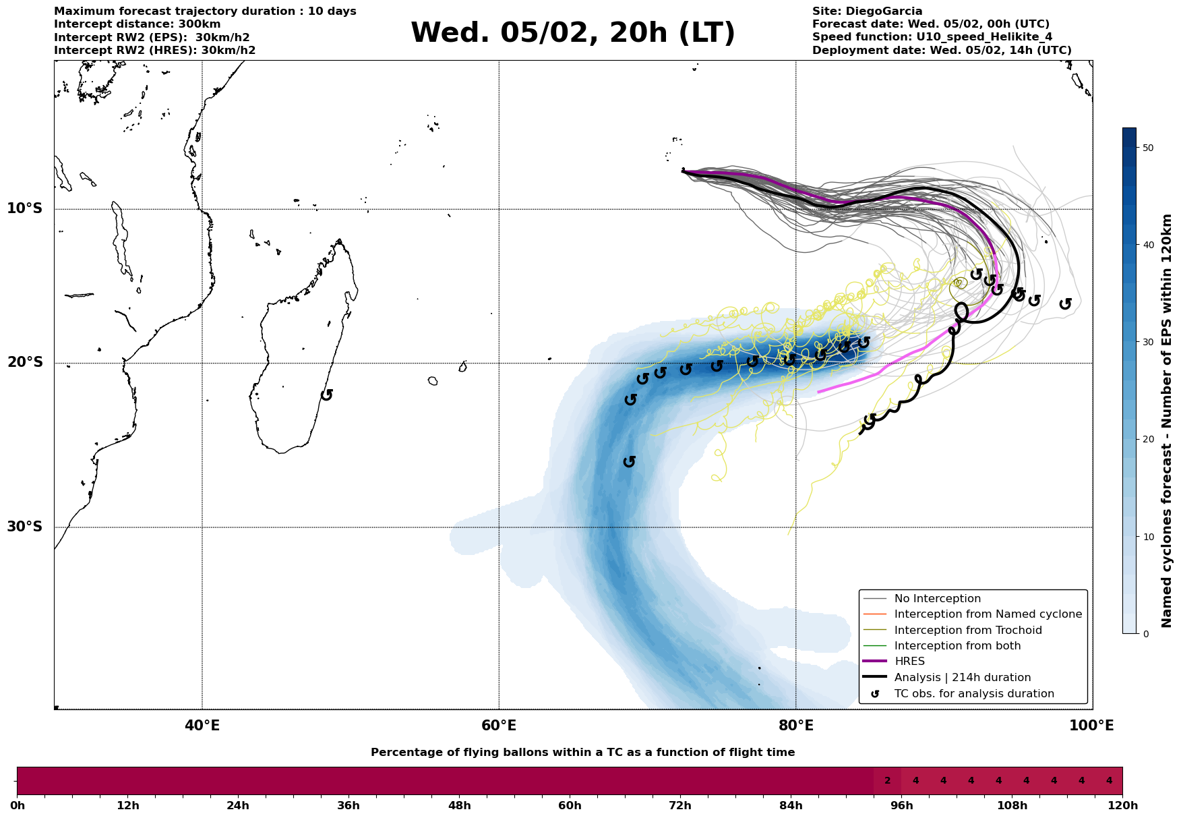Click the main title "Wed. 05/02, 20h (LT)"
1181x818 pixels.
[x=572, y=33]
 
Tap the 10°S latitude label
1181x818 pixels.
[x=25, y=208]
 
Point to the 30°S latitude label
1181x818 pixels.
[x=25, y=527]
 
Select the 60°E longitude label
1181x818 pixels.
[x=499, y=726]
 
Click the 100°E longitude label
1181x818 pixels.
[x=1092, y=726]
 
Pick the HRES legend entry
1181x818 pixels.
[x=909, y=662]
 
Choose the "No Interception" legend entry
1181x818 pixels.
[x=937, y=599]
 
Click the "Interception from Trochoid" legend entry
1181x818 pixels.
[x=967, y=631]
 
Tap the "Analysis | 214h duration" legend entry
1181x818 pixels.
[x=962, y=678]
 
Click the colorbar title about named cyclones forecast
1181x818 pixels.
[x=1168, y=421]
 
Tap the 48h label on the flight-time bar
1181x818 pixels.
[x=459, y=806]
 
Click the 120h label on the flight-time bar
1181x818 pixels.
[x=1122, y=806]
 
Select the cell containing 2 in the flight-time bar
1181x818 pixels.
[x=887, y=781]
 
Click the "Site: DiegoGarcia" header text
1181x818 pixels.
[x=867, y=11]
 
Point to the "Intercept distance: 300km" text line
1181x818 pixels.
[x=138, y=24]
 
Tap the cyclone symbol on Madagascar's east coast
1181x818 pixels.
[x=327, y=395]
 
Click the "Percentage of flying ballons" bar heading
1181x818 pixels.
[x=582, y=753]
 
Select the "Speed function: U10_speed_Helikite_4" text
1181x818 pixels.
[x=932, y=37]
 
